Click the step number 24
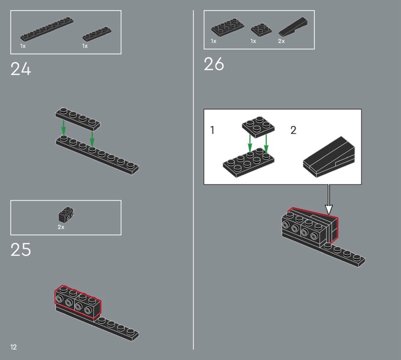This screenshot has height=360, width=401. click(21, 69)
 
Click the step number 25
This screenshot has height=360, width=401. click(21, 250)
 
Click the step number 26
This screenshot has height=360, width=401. click(214, 64)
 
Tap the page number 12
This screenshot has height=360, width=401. click(14, 347)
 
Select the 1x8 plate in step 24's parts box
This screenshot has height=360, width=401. click(47, 29)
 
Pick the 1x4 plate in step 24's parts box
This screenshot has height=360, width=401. click(97, 34)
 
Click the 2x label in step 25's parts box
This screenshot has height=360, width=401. click(61, 227)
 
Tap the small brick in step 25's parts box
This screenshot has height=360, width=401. click(66, 215)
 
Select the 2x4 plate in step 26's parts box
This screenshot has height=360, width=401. click(228, 28)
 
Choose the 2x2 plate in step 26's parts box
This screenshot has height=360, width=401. click(261, 30)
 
